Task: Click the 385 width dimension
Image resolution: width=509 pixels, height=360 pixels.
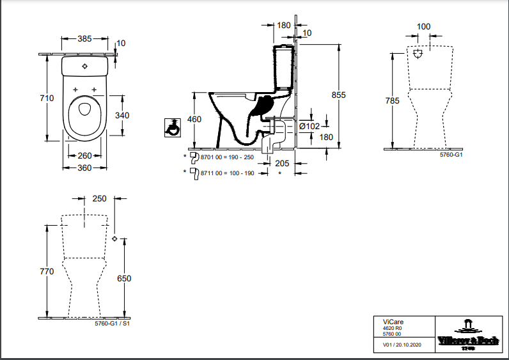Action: [x=84, y=39]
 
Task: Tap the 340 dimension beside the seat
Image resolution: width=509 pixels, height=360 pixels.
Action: [x=121, y=116]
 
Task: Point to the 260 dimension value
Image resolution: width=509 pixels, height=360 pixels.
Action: [x=84, y=156]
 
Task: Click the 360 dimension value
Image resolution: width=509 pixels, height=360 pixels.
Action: [x=84, y=168]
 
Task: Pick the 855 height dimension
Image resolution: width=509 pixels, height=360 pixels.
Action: [x=338, y=95]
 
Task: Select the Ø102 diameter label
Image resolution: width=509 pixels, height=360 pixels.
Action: [x=309, y=126]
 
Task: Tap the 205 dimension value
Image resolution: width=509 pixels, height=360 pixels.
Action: [x=282, y=163]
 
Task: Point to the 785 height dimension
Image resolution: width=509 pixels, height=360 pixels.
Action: [x=393, y=100]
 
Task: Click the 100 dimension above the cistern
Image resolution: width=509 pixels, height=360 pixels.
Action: [x=423, y=27]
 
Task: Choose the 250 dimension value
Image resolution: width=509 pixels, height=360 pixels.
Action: [x=99, y=199]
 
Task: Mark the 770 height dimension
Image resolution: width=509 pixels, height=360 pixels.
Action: [x=45, y=272]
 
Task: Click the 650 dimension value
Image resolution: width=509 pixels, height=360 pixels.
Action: [x=124, y=279]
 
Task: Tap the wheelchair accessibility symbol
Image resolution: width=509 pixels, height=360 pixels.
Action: [x=171, y=126]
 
